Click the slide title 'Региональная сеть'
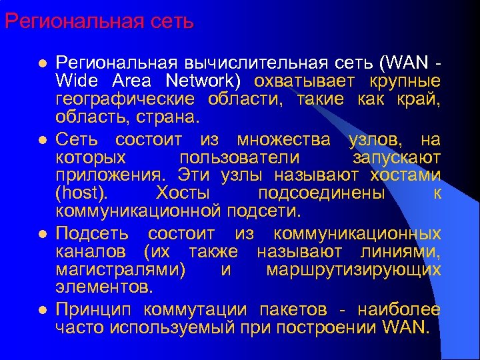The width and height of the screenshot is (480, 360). (99, 21)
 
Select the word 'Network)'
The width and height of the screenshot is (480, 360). (209, 81)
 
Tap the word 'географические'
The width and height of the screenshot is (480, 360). (125, 99)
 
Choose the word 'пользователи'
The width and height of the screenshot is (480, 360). (239, 157)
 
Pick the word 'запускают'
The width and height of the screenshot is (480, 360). (396, 157)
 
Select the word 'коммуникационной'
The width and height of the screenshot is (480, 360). (138, 211)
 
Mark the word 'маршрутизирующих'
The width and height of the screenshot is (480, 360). (353, 270)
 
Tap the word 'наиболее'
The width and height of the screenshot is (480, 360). (399, 310)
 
